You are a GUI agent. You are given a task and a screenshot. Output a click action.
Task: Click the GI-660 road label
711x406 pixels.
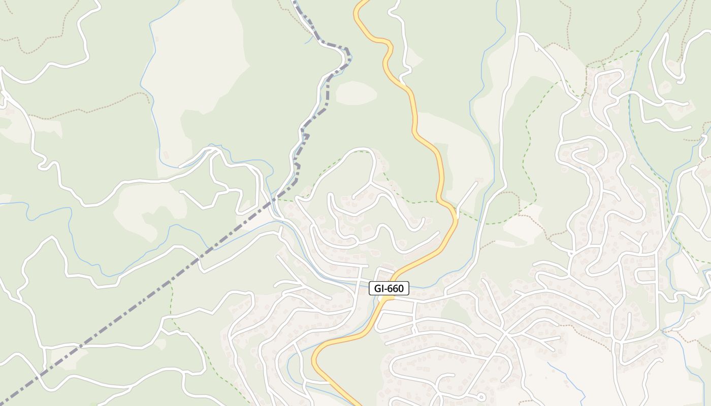(389, 289)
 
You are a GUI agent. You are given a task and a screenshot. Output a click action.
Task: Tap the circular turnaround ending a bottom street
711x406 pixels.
(480, 396)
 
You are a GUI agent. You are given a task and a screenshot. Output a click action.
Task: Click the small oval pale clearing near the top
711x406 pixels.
(356, 93)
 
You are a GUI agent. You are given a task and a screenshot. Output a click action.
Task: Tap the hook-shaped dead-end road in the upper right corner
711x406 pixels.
(670, 56)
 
